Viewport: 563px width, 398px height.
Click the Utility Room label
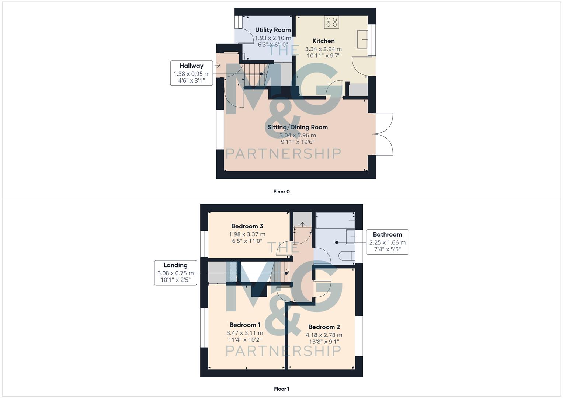pyautogui.click(x=273, y=30)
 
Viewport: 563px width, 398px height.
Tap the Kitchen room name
pyautogui.click(x=323, y=41)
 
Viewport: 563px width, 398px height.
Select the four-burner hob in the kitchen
pyautogui.click(x=331, y=22)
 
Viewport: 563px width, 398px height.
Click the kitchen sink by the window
pyautogui.click(x=362, y=40)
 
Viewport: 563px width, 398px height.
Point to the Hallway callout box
pyautogui.click(x=191, y=73)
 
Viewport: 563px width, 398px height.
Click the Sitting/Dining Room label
pyautogui.click(x=298, y=127)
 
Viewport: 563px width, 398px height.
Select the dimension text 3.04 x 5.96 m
pyautogui.click(x=298, y=135)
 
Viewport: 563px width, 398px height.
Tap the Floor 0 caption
pyautogui.click(x=281, y=192)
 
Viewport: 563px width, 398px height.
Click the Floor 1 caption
pyautogui.click(x=281, y=389)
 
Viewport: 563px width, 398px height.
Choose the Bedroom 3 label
pyautogui.click(x=247, y=226)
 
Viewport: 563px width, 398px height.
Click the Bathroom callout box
pyautogui.click(x=387, y=242)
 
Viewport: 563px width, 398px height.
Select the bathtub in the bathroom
pyautogui.click(x=335, y=220)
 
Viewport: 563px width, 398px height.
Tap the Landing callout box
pyautogui.click(x=175, y=273)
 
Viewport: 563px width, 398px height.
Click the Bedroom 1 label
pyautogui.click(x=245, y=325)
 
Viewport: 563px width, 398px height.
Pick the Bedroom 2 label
pyautogui.click(x=324, y=327)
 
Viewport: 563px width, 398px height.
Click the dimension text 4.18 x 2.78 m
pyautogui.click(x=324, y=335)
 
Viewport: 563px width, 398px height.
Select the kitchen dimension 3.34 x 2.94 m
pyautogui.click(x=323, y=49)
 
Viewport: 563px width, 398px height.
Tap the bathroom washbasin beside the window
pyautogui.click(x=350, y=236)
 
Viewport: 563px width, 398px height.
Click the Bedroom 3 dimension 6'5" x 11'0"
pyautogui.click(x=247, y=241)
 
